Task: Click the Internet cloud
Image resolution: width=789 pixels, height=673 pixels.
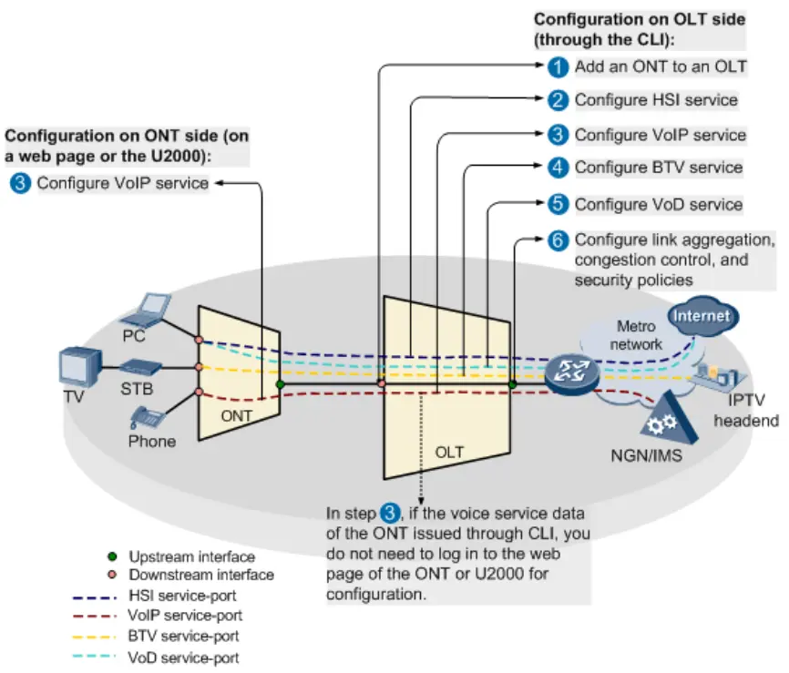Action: coord(702,316)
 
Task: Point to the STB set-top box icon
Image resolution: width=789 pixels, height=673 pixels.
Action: coord(142,368)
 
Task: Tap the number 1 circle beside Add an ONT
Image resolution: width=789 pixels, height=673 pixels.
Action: coord(559,66)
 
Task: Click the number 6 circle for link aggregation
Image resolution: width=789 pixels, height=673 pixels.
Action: coord(559,240)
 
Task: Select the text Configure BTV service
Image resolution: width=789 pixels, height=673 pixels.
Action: coord(658,168)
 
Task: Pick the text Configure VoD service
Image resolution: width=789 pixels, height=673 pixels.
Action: coord(658,204)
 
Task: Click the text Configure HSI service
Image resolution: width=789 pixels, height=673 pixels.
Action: coord(655,99)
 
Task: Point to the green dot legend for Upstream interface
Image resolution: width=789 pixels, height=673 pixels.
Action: coord(112,556)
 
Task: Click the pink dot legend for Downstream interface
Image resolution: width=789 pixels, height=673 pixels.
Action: coord(112,575)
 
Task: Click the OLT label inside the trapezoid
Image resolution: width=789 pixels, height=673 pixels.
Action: coord(449,452)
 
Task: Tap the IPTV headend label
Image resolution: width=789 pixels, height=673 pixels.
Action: coord(745,410)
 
